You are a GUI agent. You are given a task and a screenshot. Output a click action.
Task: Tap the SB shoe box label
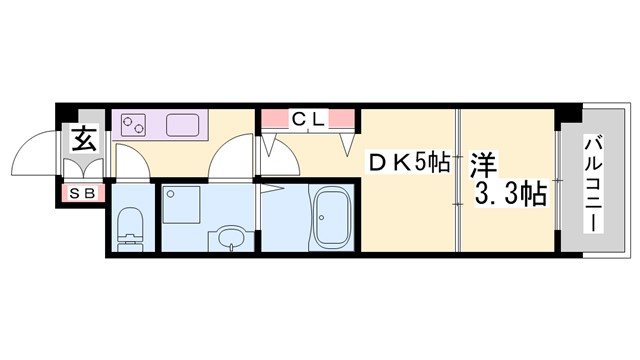pyautogui.click(x=82, y=192)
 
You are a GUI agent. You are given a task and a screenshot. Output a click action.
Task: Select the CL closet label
pyautogui.click(x=308, y=119)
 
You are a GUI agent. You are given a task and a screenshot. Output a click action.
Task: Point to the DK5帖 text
pyautogui.click(x=410, y=161)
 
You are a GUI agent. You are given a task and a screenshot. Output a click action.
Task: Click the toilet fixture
pyautogui.click(x=130, y=226)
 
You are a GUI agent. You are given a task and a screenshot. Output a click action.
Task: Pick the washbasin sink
pyautogui.click(x=230, y=240)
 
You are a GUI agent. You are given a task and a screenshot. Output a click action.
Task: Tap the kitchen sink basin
pyautogui.click(x=185, y=125)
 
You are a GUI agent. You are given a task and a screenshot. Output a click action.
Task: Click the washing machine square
pyautogui.click(x=182, y=204)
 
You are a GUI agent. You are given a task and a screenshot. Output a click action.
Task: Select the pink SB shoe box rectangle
pyautogui.click(x=82, y=192)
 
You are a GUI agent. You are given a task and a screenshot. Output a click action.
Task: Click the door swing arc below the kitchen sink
pyautogui.click(x=232, y=158)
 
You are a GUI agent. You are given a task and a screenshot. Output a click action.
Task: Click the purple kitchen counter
pyautogui.click(x=160, y=125)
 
